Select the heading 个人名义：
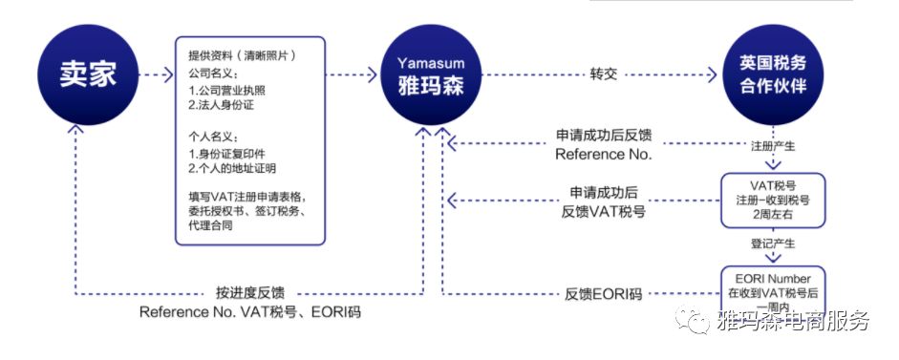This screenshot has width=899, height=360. click(x=213, y=137)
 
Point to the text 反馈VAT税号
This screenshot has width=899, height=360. click(x=603, y=211)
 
